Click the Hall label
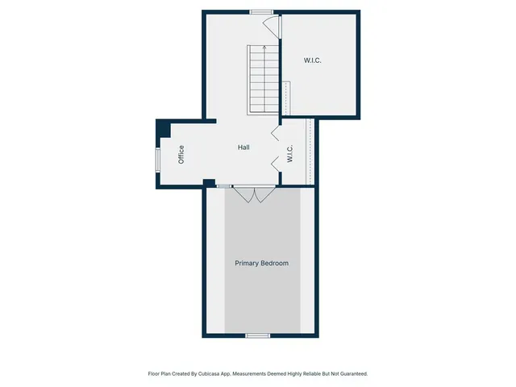click(243, 148)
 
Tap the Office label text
click(181, 153)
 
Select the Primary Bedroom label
click(261, 264)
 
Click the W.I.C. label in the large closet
click(313, 60)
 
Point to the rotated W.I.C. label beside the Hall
click(289, 153)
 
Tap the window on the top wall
click(260, 11)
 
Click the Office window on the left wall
click(158, 157)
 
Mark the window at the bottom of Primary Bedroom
click(257, 335)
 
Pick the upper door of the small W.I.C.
click(275, 132)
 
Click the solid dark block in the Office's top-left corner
click(164, 128)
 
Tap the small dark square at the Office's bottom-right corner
click(209, 183)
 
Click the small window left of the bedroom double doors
click(223, 186)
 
